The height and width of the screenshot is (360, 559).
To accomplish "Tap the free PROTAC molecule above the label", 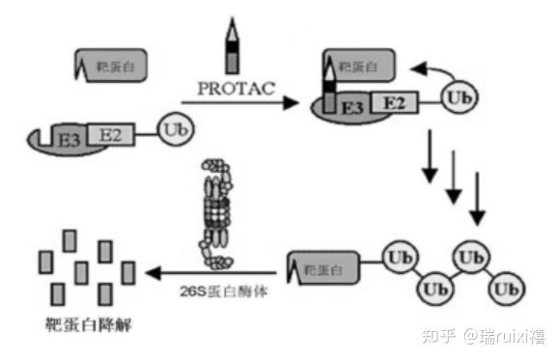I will point(232,46).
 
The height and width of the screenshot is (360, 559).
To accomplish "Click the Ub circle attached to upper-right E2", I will point(460,97).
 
